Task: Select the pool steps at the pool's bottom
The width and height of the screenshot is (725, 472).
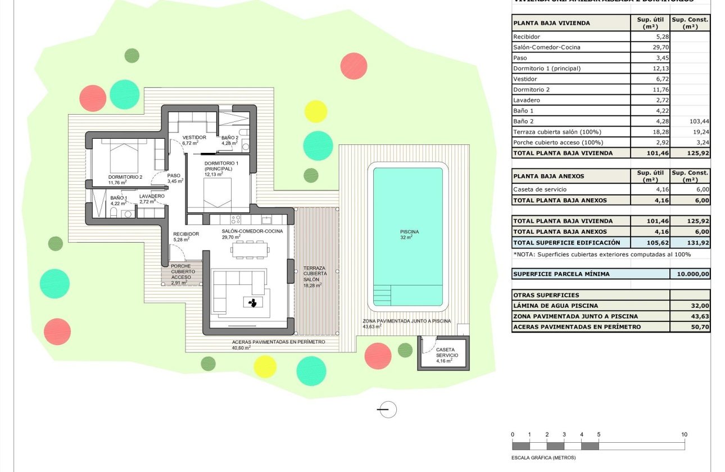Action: pyautogui.click(x=384, y=294)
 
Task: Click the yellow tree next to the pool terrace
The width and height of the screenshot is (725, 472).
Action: pyautogui.click(x=315, y=111)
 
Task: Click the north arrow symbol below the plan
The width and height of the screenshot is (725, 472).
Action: pyautogui.click(x=387, y=410)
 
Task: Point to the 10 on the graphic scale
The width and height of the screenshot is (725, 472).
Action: pyautogui.click(x=684, y=434)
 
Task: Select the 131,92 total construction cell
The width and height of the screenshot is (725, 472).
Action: pyautogui.click(x=690, y=243)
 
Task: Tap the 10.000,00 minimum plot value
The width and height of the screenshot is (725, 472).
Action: pyautogui.click(x=690, y=274)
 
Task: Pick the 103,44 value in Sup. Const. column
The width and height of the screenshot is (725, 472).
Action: pyautogui.click(x=690, y=121)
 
